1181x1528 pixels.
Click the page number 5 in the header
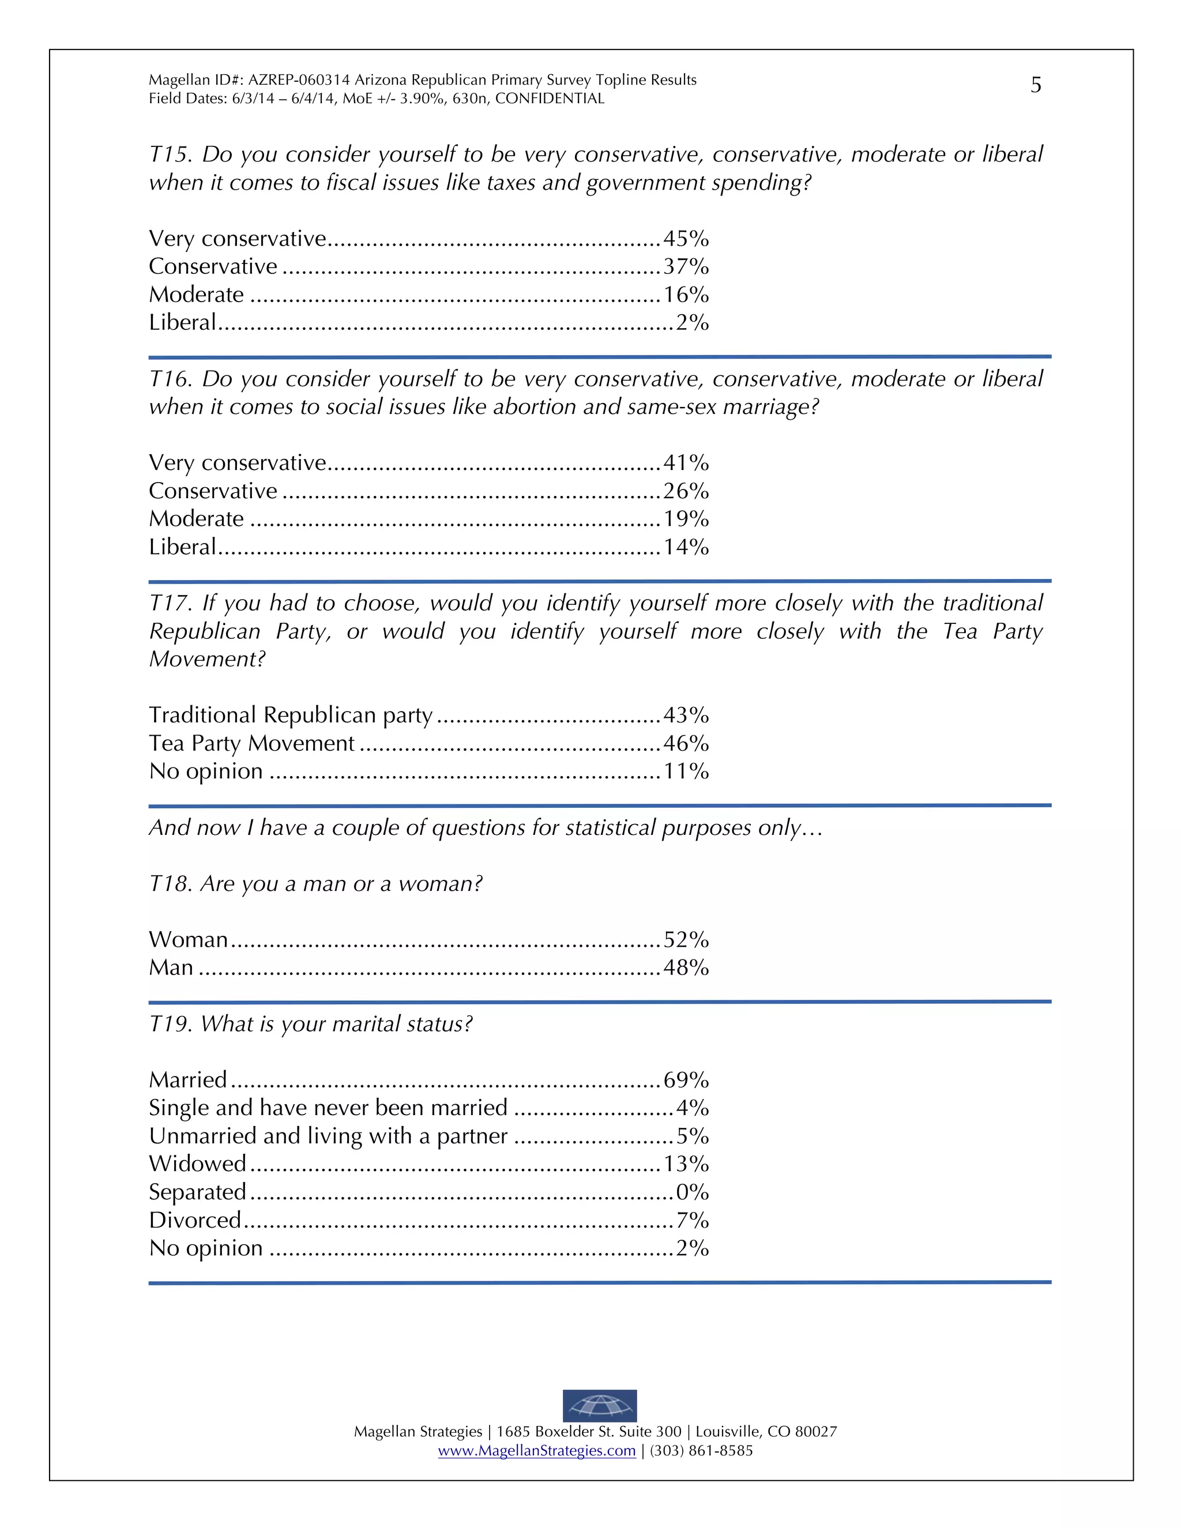pos(1036,85)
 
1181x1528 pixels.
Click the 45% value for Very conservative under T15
pos(686,239)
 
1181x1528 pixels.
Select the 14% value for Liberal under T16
pos(686,547)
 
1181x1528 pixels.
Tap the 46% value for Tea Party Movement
pos(686,743)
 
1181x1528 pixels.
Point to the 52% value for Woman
pos(686,940)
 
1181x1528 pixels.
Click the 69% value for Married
pos(686,1080)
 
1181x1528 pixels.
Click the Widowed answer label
pos(197,1164)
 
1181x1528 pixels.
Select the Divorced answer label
pos(194,1220)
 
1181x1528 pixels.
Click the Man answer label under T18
pos(171,968)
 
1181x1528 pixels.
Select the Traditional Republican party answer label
pos(291,715)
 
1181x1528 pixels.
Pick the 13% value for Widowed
pos(686,1164)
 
